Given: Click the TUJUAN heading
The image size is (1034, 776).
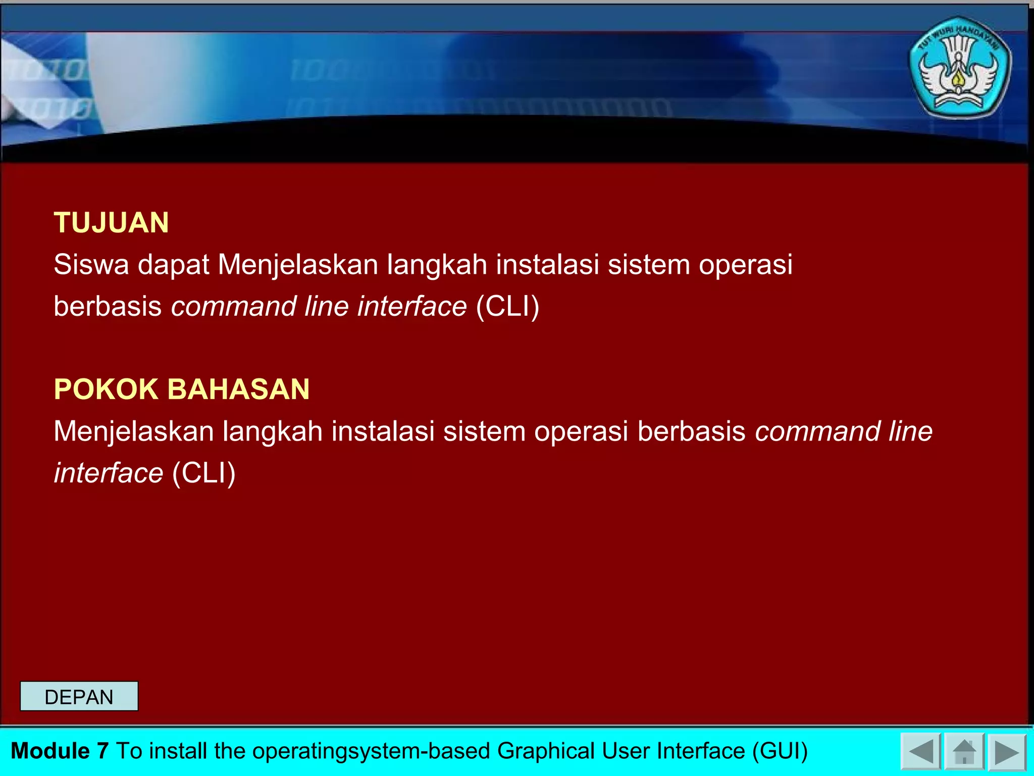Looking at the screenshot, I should [111, 223].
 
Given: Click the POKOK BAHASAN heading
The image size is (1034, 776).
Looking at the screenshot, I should [182, 389].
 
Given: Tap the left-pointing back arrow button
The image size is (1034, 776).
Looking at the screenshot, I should [920, 752].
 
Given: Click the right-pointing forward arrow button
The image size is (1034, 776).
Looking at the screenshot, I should [1007, 752].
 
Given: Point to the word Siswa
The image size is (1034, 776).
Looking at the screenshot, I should [91, 265].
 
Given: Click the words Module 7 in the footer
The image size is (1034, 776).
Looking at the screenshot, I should [60, 751].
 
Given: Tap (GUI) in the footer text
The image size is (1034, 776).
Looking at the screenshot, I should [780, 751].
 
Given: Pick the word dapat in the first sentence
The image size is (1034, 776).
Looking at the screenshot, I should [173, 265].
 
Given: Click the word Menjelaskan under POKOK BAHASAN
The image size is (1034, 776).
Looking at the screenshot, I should [134, 431].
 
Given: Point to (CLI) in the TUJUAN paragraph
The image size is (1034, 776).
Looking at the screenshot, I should [508, 307].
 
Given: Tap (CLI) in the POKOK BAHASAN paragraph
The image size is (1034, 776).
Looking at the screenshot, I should [204, 473].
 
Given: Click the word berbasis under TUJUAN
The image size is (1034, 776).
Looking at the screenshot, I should [108, 307].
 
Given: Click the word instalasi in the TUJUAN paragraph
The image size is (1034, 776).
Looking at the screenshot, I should [547, 265].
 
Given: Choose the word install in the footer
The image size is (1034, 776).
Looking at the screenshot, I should [179, 751].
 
